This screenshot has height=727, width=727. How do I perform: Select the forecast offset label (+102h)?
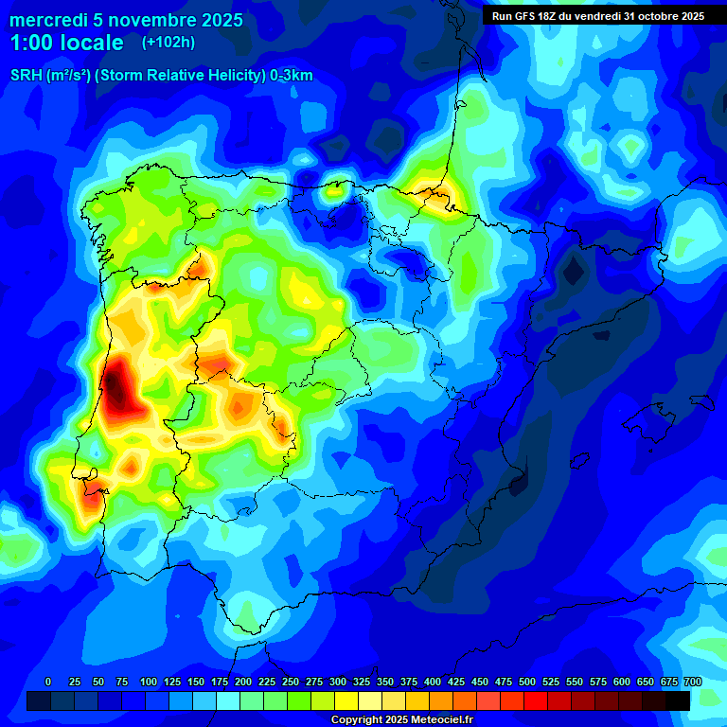pyautogui.click(x=168, y=43)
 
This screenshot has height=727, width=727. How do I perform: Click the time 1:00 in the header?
pyautogui.click(x=30, y=43)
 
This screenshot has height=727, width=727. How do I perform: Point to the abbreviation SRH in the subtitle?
pyautogui.click(x=27, y=76)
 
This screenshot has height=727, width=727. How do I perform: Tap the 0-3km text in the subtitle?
pyautogui.click(x=292, y=76)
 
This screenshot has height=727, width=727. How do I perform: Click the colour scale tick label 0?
pyautogui.click(x=48, y=682)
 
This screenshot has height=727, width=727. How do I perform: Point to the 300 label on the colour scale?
pyautogui.click(x=338, y=682)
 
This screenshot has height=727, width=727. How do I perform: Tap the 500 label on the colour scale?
pyautogui.click(x=527, y=682)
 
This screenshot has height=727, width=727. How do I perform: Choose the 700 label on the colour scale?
pyautogui.click(x=693, y=682)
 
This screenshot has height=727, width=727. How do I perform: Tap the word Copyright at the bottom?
pyautogui.click(x=356, y=719)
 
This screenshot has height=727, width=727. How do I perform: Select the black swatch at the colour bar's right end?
pyautogui.click(x=678, y=700)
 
